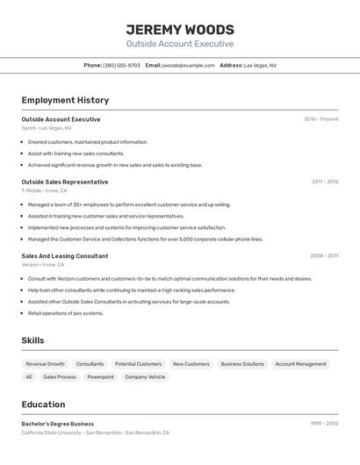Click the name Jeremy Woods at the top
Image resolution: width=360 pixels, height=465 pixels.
pyautogui.click(x=180, y=29)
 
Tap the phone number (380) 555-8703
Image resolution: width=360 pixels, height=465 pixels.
pyautogui.click(x=121, y=65)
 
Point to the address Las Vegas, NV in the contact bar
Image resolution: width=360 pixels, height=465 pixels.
pyautogui.click(x=260, y=65)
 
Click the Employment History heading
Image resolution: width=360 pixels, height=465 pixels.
pyautogui.click(x=65, y=100)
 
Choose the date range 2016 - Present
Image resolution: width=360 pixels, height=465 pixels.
pyautogui.click(x=321, y=119)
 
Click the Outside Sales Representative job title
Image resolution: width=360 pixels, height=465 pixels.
pyautogui.click(x=65, y=182)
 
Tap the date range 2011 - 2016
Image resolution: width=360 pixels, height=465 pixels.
pyautogui.click(x=325, y=182)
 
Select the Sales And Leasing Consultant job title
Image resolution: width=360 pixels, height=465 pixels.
pyautogui.click(x=65, y=256)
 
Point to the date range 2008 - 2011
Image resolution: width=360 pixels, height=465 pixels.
pyautogui.click(x=324, y=256)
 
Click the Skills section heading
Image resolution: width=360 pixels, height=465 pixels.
pyautogui.click(x=32, y=340)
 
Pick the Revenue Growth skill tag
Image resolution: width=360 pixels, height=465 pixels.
pyautogui.click(x=45, y=364)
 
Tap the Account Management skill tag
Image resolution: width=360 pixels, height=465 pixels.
pyautogui.click(x=300, y=364)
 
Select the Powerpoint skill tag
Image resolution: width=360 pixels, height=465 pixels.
pyautogui.click(x=100, y=377)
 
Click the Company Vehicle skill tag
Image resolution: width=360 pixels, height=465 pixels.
pyautogui.click(x=145, y=377)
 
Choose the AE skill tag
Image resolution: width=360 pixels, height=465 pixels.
pyautogui.click(x=29, y=377)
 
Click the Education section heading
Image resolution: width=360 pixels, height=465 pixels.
pyautogui.click(x=43, y=404)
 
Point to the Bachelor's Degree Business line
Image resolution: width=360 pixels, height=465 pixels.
pyautogui.click(x=58, y=424)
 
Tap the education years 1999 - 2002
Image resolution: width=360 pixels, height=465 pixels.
pyautogui.click(x=324, y=424)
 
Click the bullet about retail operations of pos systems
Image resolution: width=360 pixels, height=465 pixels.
pyautogui.click(x=65, y=313)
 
